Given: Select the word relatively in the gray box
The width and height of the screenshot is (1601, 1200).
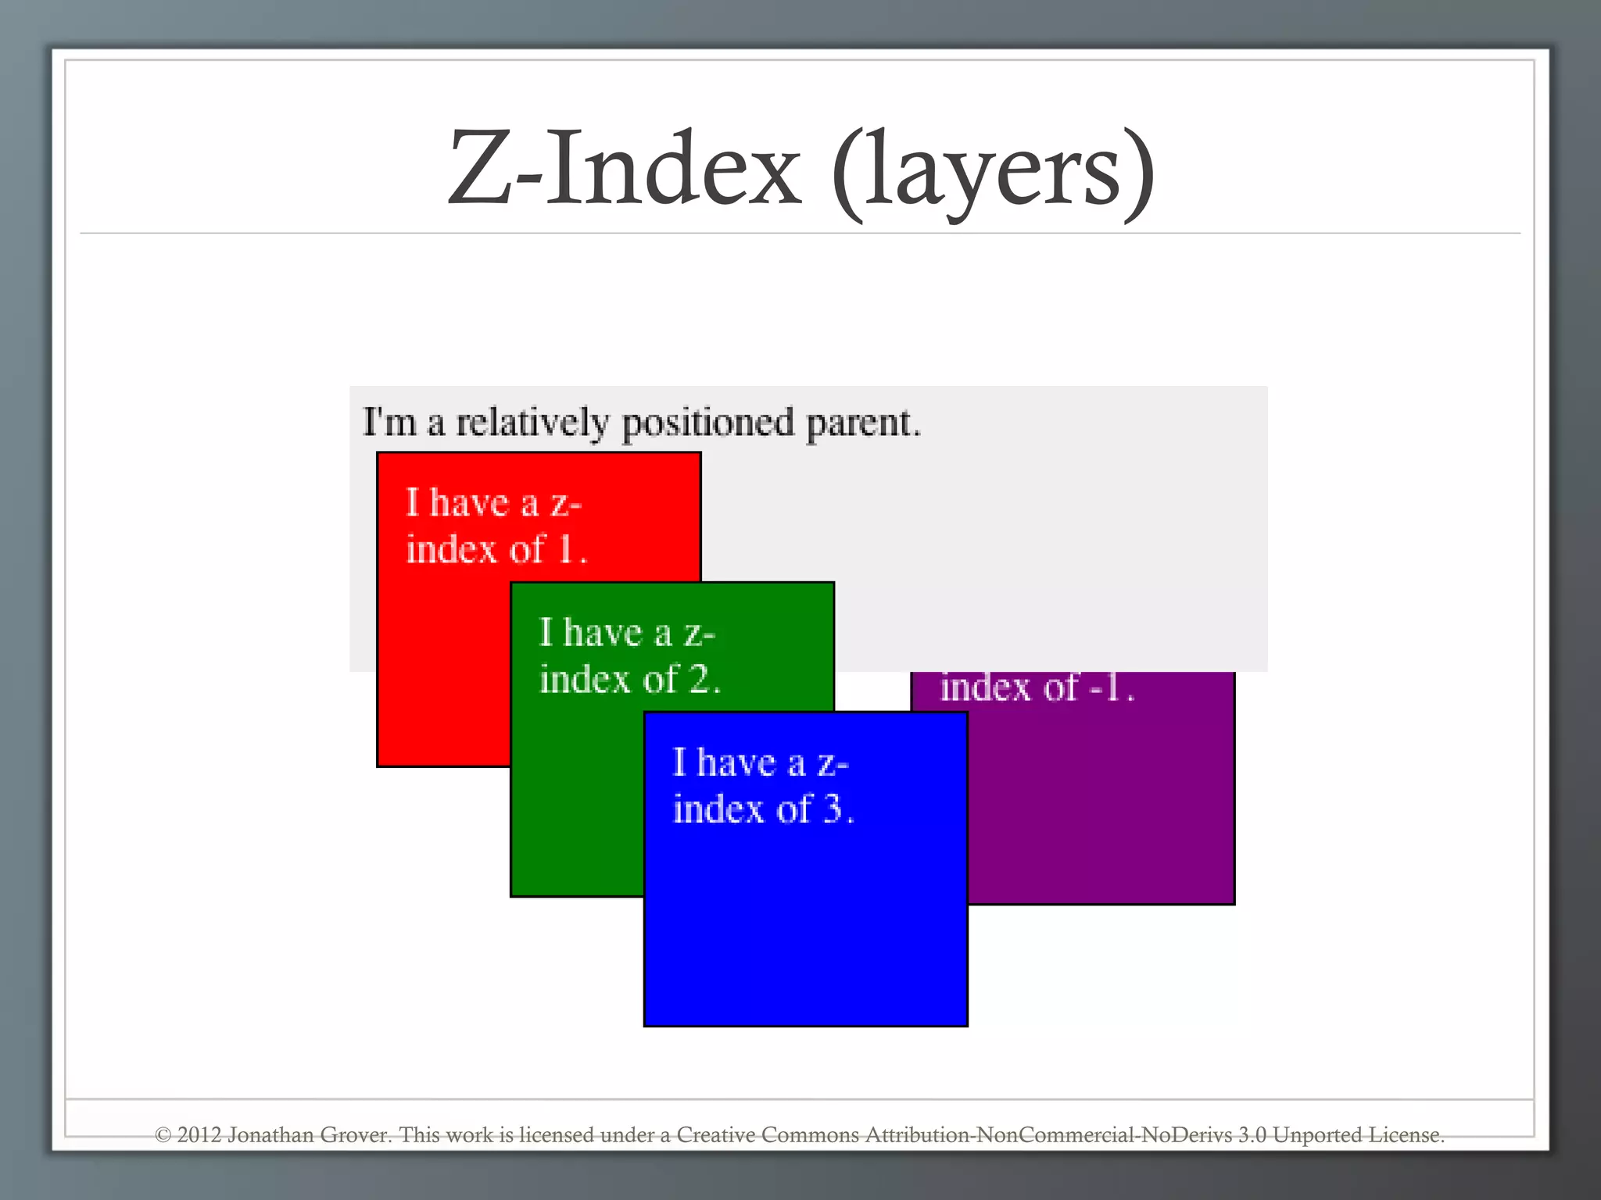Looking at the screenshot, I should [532, 423].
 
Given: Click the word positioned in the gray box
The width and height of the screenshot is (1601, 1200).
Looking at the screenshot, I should [707, 424].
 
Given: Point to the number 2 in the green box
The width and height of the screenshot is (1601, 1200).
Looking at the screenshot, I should [700, 679].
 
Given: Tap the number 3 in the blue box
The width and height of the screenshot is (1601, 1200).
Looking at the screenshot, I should [834, 809].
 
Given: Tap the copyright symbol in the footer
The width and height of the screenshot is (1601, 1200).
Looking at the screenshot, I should [163, 1135].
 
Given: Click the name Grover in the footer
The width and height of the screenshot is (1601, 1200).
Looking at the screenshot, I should [356, 1135].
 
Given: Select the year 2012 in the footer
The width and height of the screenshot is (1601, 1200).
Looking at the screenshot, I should [199, 1135].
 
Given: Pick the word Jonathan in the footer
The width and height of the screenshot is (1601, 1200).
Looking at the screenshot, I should [270, 1135].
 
